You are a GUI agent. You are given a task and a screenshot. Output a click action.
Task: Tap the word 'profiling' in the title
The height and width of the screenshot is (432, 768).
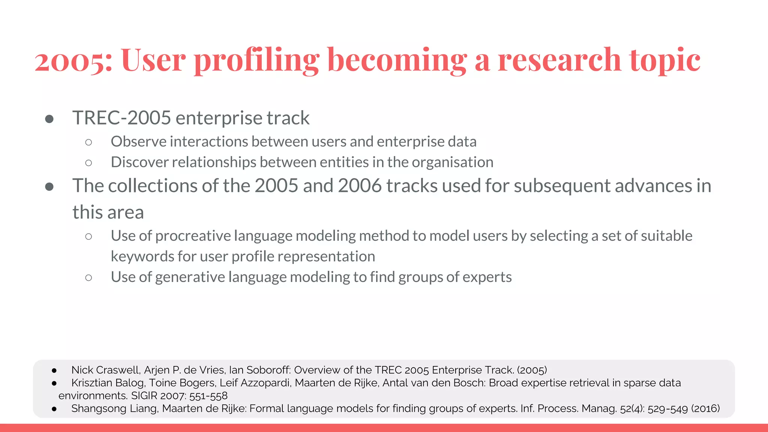click(x=256, y=61)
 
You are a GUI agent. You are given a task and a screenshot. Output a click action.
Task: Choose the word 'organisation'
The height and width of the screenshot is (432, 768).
click(x=452, y=162)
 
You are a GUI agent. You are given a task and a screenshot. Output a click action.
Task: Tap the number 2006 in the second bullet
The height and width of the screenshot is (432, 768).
click(x=360, y=186)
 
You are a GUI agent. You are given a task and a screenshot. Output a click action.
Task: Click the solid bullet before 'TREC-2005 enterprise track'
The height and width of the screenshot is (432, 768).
click(x=49, y=119)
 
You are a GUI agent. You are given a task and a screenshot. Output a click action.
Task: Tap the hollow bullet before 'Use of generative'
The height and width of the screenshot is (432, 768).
click(x=88, y=278)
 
